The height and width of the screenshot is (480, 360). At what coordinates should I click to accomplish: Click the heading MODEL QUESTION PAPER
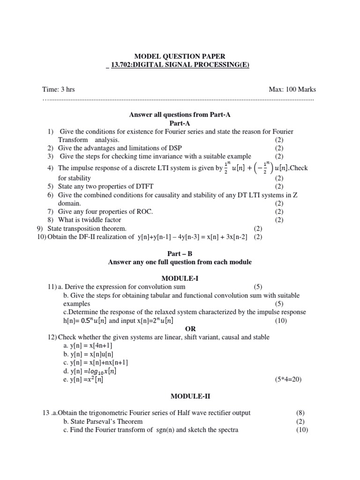[180, 56]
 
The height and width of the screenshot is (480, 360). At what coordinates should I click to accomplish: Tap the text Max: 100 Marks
[292, 89]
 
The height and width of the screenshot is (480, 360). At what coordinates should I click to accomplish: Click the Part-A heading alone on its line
[180, 123]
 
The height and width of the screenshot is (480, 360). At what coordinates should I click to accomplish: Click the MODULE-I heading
[180, 278]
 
